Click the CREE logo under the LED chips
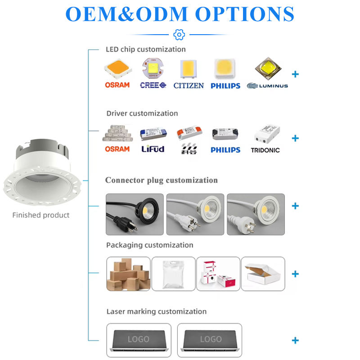click(153, 85)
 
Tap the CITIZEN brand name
click(189, 85)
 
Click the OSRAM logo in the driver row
click(117, 149)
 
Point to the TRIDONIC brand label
click(265, 150)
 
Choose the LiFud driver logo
click(153, 149)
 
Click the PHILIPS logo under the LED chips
click(225, 85)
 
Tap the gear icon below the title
click(179, 34)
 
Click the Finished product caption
click(40, 215)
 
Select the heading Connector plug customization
click(161, 180)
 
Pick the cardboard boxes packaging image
click(128, 274)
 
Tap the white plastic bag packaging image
click(173, 274)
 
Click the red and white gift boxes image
click(218, 274)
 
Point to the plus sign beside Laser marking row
click(295, 340)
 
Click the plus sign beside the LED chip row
click(295, 74)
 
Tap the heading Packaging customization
click(150, 245)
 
